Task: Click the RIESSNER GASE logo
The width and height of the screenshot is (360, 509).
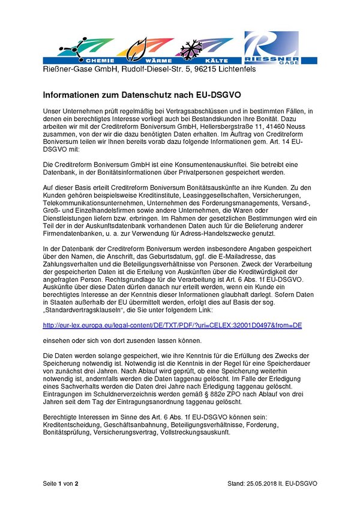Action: (279, 47)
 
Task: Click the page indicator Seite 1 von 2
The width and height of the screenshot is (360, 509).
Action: (61, 483)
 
